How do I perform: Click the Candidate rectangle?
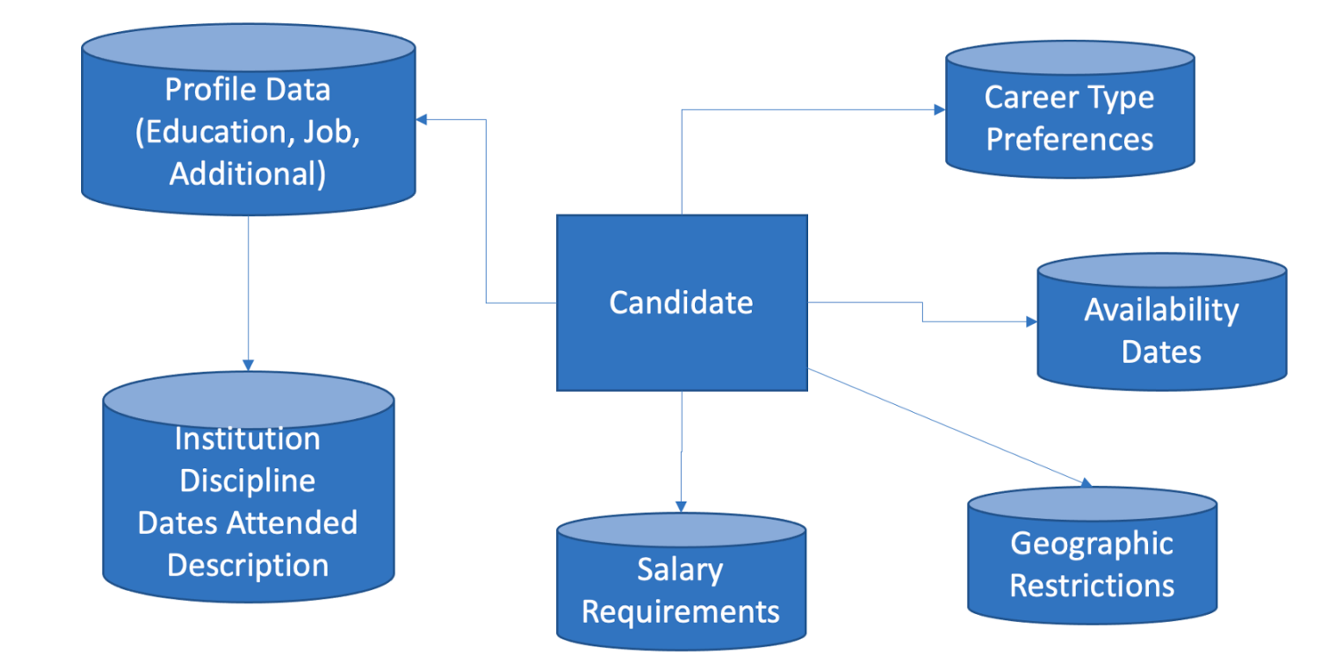pyautogui.click(x=681, y=303)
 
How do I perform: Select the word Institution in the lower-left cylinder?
pyautogui.click(x=248, y=439)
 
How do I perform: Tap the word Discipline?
pyautogui.click(x=248, y=481)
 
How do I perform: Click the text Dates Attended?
pyautogui.click(x=248, y=522)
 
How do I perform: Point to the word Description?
pyautogui.click(x=248, y=565)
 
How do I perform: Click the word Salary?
pyautogui.click(x=680, y=569)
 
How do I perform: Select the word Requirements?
pyautogui.click(x=680, y=611)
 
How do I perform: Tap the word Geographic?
pyautogui.click(x=1091, y=543)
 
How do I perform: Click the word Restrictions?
pyautogui.click(x=1091, y=586)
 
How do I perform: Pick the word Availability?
pyautogui.click(x=1161, y=309)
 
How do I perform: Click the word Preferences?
pyautogui.click(x=1070, y=139)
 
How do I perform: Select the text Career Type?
pyautogui.click(x=1070, y=97)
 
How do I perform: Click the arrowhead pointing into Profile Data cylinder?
pyautogui.click(x=422, y=120)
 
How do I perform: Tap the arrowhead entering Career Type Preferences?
pyautogui.click(x=939, y=110)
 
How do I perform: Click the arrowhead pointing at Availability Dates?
pyautogui.click(x=1031, y=321)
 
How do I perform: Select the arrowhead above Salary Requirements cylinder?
pyautogui.click(x=681, y=506)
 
